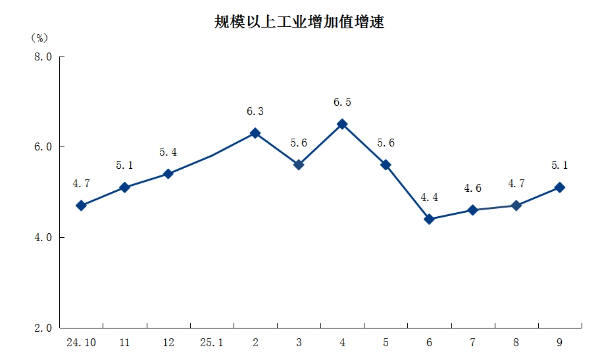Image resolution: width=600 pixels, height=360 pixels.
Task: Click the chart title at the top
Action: (x=300, y=20)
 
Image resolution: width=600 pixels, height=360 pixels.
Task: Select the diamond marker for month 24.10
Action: (x=81, y=205)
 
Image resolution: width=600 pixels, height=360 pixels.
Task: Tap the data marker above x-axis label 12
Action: (x=168, y=174)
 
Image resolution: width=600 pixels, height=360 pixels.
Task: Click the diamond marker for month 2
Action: (x=255, y=133)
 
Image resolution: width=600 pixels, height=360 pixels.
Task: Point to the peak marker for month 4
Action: (x=342, y=124)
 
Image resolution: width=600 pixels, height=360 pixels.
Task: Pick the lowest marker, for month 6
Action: (x=429, y=219)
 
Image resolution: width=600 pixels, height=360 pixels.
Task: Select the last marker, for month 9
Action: (x=560, y=187)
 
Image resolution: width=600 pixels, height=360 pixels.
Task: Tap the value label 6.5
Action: (x=342, y=102)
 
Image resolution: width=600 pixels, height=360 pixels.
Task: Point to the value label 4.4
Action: (x=429, y=198)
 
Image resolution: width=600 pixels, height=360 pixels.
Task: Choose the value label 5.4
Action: (x=168, y=152)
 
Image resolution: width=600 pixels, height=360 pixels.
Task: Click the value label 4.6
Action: (x=473, y=188)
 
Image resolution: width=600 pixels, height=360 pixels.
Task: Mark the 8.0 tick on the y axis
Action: (x=43, y=57)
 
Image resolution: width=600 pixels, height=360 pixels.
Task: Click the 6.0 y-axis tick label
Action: (x=43, y=147)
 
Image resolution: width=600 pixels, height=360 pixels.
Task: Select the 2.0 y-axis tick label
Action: (x=43, y=328)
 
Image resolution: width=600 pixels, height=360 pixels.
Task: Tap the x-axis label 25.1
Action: (x=211, y=343)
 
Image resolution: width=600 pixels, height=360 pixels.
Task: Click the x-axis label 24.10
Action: (x=81, y=343)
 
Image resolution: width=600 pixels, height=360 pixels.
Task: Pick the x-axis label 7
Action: (x=473, y=343)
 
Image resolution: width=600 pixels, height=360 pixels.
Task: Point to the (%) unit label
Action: (x=39, y=37)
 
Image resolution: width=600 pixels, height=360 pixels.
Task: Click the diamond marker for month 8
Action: (x=516, y=205)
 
